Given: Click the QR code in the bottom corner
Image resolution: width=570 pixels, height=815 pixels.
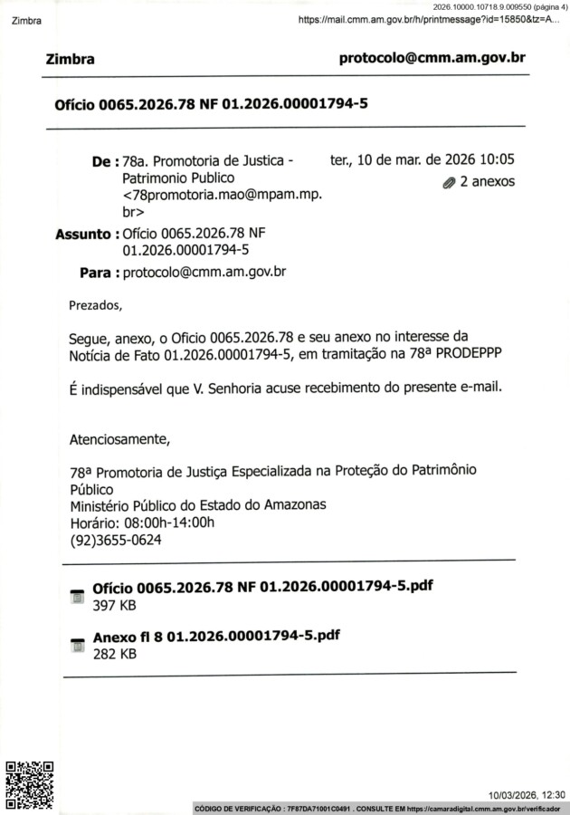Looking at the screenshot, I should [30, 783].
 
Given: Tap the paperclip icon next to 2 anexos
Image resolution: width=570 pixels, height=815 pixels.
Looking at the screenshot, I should [449, 182].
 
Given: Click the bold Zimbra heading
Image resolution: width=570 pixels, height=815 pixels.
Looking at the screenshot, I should [70, 60].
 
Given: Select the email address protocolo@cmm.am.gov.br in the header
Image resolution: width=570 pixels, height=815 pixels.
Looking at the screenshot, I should [432, 58].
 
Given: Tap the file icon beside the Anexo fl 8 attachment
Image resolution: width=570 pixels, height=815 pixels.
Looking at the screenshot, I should [77, 646].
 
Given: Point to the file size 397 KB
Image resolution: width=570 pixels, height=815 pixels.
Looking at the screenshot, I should [114, 604].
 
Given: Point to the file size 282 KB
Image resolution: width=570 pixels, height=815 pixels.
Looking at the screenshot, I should [114, 653].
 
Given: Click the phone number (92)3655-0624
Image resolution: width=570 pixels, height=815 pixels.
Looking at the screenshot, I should [116, 540].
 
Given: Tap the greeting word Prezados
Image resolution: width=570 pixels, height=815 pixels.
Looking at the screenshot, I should [94, 304].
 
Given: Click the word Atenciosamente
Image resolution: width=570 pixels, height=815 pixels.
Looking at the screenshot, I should [119, 440].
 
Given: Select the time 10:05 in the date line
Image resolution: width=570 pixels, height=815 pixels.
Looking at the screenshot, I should [497, 160].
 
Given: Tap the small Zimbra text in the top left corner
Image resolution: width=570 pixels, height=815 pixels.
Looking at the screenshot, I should [26, 21].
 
